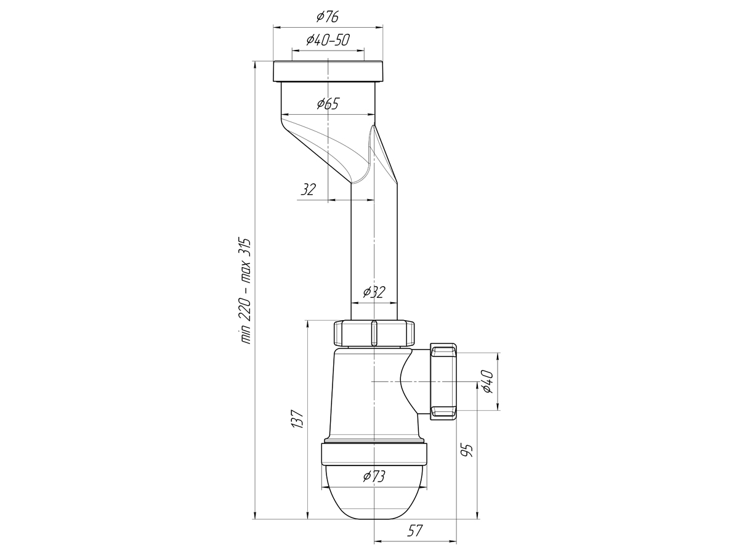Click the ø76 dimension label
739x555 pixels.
coord(327,17)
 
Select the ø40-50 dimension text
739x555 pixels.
coord(328,39)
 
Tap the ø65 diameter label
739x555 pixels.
coord(328,104)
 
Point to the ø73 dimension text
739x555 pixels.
coord(374,477)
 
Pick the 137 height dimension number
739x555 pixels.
coord(297,419)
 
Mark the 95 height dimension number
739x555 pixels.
coord(467,451)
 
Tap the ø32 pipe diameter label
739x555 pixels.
coord(374,292)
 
